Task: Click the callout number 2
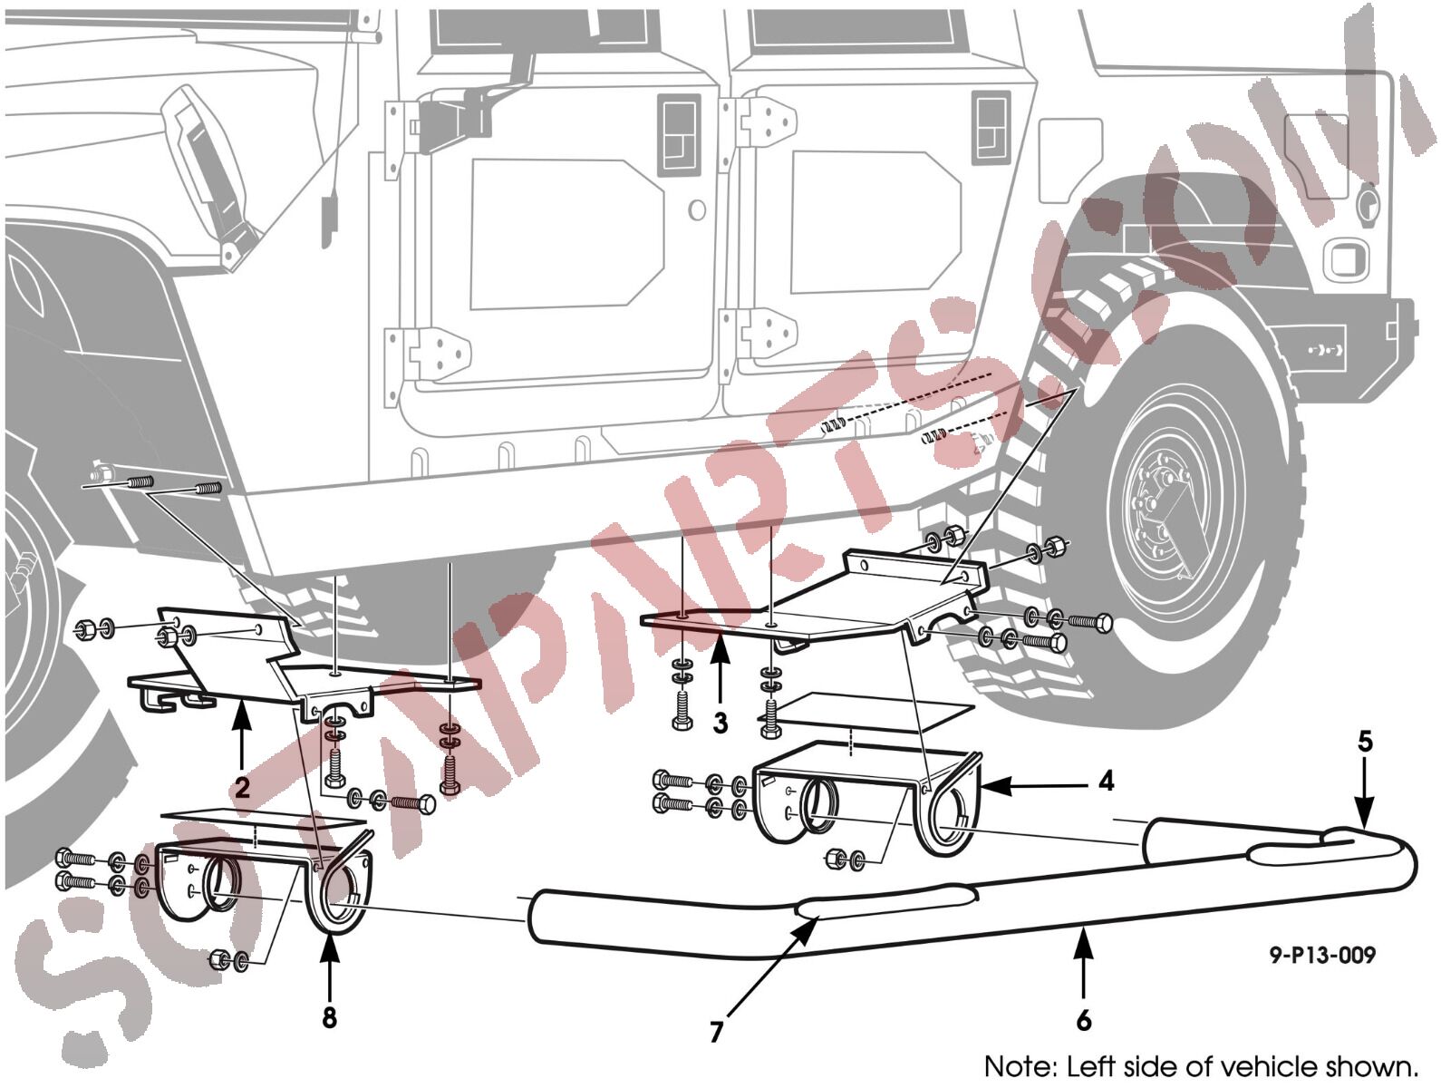click(242, 787)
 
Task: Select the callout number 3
click(720, 723)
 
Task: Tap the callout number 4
click(1107, 782)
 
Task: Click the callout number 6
click(1083, 1020)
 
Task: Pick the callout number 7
click(716, 1032)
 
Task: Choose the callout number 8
click(329, 1018)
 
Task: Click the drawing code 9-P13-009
click(1322, 954)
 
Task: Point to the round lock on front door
click(697, 210)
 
